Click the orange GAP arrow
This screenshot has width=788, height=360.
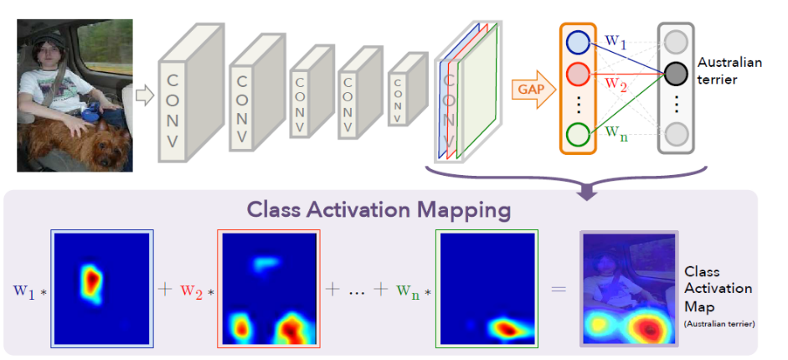[x=533, y=90]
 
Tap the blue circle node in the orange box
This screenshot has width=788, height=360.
[x=579, y=43]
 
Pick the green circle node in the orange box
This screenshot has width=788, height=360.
[x=579, y=134]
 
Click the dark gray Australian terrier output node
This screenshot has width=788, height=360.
[x=676, y=74]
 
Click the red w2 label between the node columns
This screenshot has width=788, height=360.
[x=615, y=82]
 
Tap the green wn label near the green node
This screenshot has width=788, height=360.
[x=615, y=132]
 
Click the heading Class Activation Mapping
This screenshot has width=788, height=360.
[x=379, y=210]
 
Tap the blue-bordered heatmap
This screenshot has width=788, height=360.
[x=102, y=289]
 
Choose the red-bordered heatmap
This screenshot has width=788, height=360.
[x=269, y=289]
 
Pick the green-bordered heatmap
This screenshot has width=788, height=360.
[x=487, y=289]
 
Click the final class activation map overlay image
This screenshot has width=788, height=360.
[x=629, y=288]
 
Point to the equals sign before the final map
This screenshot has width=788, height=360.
[x=559, y=289]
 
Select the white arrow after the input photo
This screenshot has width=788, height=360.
[x=145, y=95]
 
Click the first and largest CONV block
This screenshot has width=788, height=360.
[x=191, y=94]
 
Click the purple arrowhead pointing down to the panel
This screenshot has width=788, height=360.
[x=589, y=193]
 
